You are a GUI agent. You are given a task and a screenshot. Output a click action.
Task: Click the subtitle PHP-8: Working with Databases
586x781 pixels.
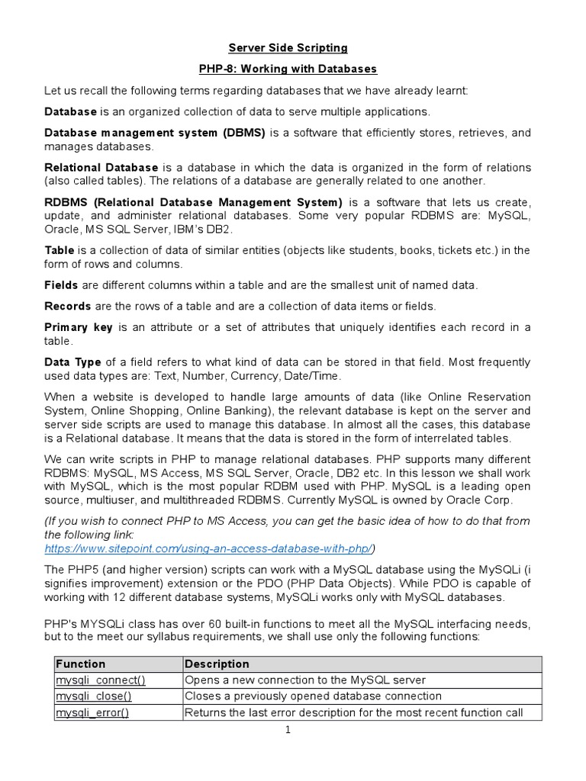coord(288,69)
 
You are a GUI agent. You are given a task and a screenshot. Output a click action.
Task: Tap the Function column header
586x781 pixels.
coord(81,664)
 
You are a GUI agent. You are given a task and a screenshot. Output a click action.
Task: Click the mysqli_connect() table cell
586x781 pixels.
coord(95,680)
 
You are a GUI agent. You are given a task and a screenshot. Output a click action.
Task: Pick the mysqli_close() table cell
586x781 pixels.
coord(89,696)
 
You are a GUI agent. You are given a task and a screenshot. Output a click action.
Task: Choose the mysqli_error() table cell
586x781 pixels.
coord(89,712)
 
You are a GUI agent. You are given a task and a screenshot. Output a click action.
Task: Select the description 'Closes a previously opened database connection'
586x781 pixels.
coord(313,696)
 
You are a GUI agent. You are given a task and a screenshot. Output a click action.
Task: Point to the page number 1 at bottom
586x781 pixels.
coord(288,731)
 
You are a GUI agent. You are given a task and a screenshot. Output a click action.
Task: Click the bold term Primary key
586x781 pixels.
coord(79,327)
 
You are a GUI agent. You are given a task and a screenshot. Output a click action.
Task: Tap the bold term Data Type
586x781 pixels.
coord(72,362)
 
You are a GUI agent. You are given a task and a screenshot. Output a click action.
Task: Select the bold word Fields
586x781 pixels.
coord(61,285)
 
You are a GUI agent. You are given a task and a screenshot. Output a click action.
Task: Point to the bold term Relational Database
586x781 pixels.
coord(101,167)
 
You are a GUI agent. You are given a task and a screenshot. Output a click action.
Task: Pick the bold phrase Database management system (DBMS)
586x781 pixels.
coord(155,133)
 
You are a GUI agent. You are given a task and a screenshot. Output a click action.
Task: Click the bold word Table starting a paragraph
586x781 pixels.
coord(60,250)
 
